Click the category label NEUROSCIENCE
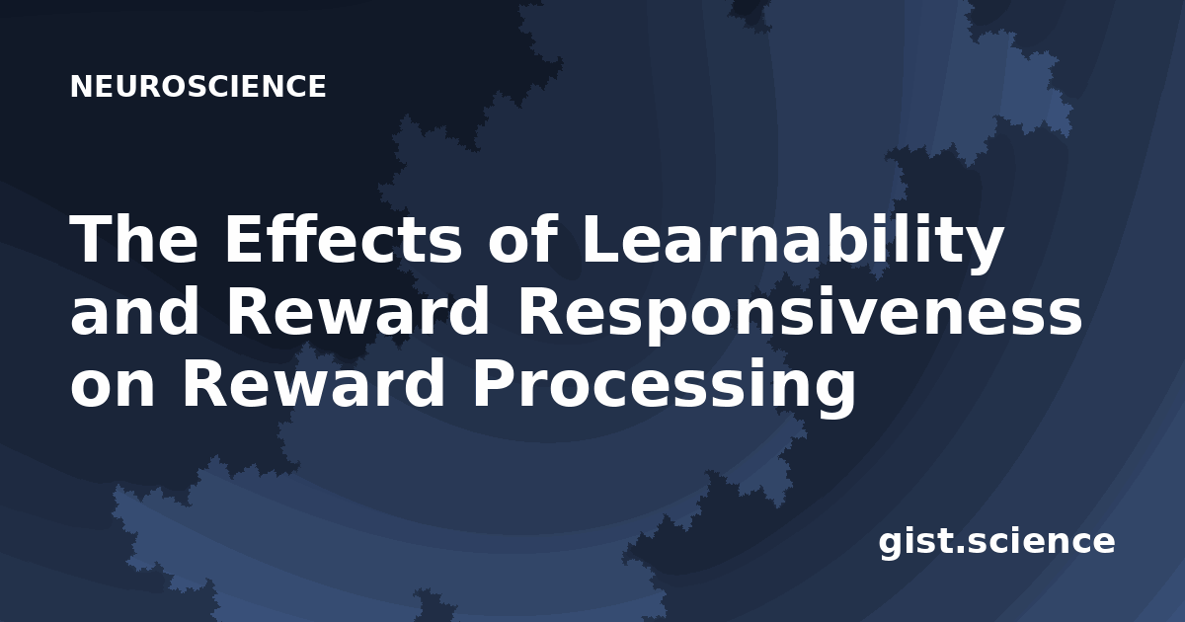tap(198, 86)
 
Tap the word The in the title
tap(134, 239)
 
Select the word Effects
tap(344, 238)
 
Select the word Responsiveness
tap(800, 316)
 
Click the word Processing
tap(664, 388)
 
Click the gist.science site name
tap(996, 543)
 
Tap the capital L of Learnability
tap(601, 238)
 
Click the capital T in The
tap(91, 238)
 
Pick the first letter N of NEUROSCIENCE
tap(81, 86)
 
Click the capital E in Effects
tap(243, 238)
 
